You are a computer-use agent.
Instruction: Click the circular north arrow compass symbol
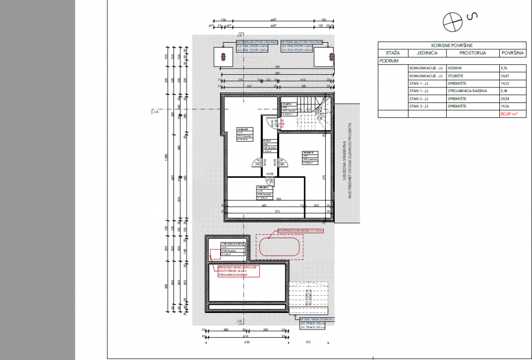coord(452,21)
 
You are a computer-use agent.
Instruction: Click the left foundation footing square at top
coord(223,56)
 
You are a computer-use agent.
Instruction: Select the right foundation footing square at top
coord(323,56)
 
